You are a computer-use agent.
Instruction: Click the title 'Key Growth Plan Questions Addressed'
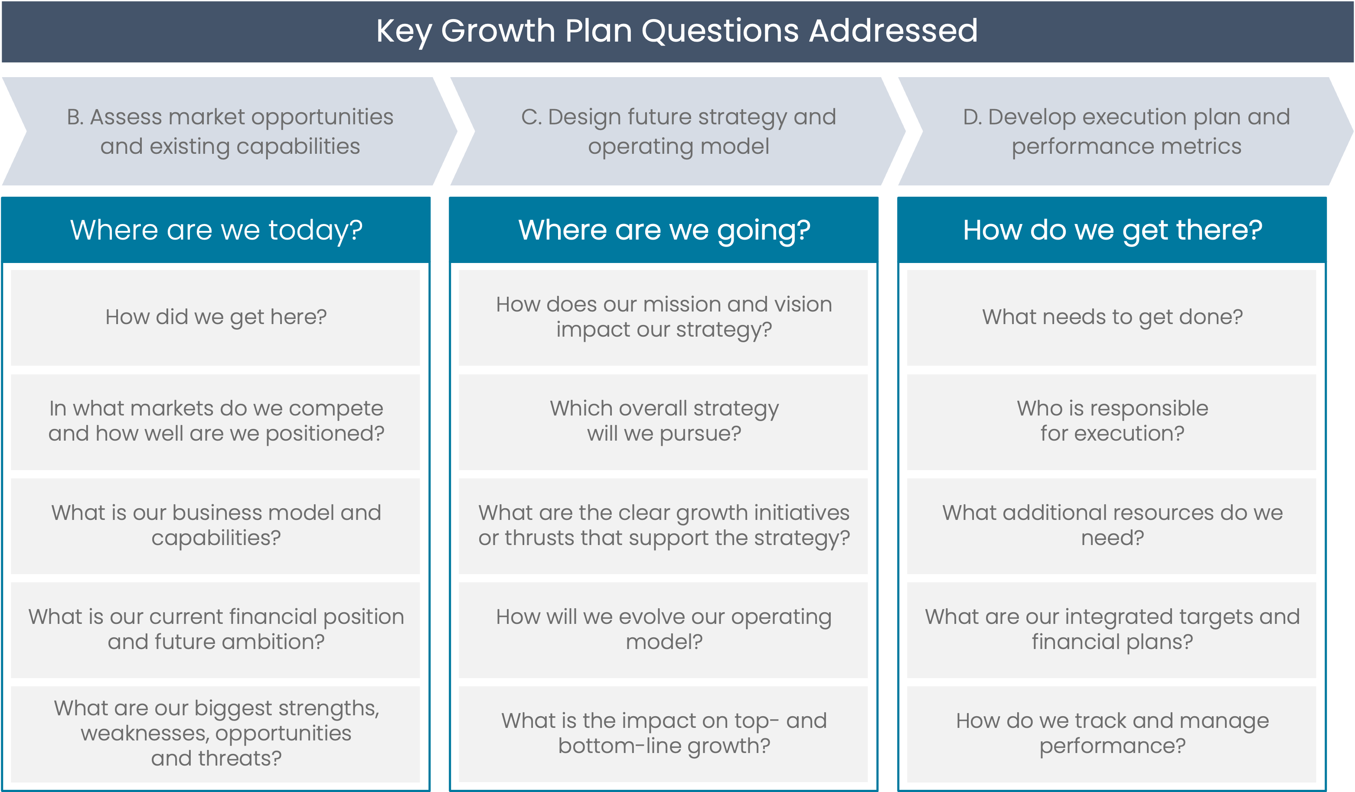coord(677,31)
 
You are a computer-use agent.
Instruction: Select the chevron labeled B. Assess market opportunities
coord(230,131)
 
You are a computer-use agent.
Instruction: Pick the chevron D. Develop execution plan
coord(1126,131)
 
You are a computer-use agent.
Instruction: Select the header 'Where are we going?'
coord(663,230)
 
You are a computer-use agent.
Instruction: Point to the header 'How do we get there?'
coord(1112,230)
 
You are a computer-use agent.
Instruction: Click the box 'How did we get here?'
coord(215,318)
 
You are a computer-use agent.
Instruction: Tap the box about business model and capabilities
coord(215,526)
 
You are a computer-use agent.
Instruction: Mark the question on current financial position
coord(215,630)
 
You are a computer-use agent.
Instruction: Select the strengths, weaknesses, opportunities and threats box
coord(215,734)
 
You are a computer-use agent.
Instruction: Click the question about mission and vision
coord(663,318)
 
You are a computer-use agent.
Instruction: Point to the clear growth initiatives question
coord(663,526)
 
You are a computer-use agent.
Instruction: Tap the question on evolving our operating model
coord(663,630)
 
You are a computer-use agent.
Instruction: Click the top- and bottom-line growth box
coord(663,734)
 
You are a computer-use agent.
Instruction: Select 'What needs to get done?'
coord(1111,318)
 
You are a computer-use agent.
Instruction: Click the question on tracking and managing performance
coord(1111,734)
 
